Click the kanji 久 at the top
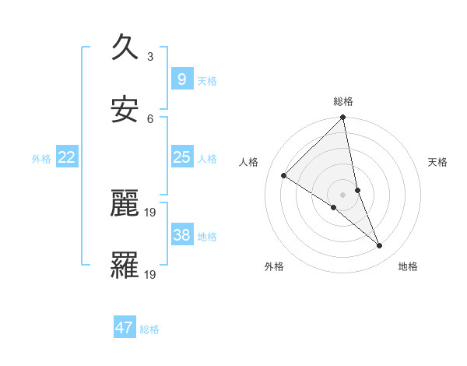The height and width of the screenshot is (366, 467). (125, 48)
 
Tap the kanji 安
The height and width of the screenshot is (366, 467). (125, 110)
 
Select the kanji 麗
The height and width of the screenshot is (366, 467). (125, 203)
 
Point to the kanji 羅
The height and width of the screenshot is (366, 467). (125, 266)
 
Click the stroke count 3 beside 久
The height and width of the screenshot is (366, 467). (150, 56)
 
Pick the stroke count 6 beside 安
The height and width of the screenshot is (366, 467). (150, 118)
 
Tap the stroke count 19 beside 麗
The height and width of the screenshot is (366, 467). (151, 212)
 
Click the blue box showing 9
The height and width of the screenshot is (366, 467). (181, 79)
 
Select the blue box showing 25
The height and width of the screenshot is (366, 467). (181, 157)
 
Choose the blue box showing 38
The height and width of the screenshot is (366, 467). (181, 235)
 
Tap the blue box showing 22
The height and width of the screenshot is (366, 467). (67, 157)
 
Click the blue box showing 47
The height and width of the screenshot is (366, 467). (125, 328)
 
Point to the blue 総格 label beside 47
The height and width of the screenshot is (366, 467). (149, 329)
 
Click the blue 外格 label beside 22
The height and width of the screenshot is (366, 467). (41, 159)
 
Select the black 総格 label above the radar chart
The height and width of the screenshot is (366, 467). (343, 101)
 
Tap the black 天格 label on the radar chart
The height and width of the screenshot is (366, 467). (437, 162)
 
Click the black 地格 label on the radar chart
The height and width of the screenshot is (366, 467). (408, 266)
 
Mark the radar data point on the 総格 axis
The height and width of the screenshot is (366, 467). (343, 118)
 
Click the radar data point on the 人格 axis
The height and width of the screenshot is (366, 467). (284, 176)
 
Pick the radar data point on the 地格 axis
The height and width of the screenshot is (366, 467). (380, 246)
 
